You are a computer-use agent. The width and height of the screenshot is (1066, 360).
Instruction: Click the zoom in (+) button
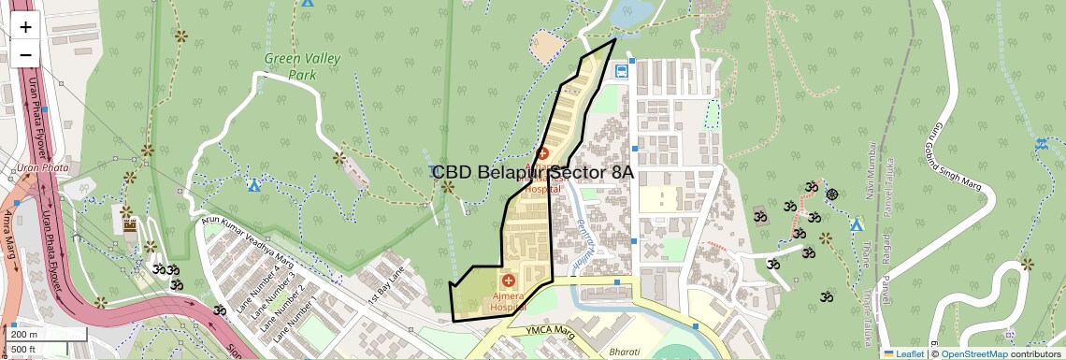[x=25, y=27]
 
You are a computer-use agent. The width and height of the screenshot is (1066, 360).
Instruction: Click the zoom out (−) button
[x=25, y=54]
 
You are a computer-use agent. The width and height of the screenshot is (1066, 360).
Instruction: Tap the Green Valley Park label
[x=301, y=66]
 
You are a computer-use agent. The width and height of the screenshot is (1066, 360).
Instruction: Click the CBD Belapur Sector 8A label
[x=533, y=173]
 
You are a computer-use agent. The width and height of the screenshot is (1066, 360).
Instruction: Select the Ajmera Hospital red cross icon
[x=509, y=281]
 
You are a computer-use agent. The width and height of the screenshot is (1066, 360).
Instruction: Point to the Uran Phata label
[x=38, y=169]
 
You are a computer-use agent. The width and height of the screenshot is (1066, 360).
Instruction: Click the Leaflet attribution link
[x=904, y=353]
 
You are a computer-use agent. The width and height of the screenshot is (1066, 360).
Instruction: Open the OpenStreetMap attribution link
[x=973, y=353]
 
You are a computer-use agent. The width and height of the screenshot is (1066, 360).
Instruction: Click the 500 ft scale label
[x=24, y=350]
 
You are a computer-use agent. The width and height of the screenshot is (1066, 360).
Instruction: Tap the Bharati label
[x=625, y=351]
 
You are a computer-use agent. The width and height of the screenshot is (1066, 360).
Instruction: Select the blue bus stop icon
[x=621, y=70]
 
